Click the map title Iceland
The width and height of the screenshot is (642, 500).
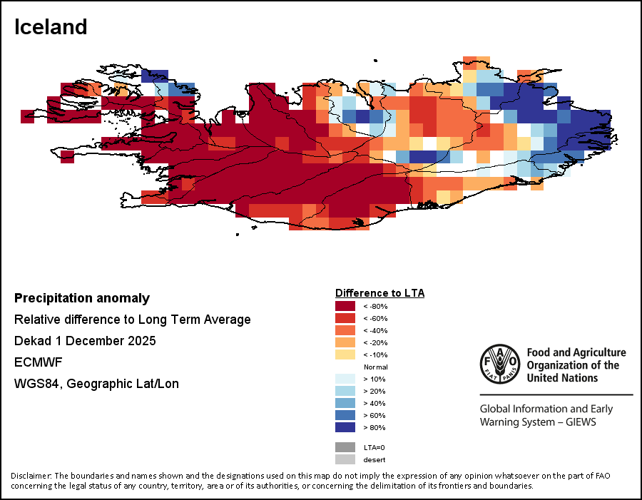click(x=51, y=27)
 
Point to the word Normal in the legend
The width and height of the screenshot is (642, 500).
click(x=375, y=367)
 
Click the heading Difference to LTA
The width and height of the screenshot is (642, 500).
click(x=379, y=293)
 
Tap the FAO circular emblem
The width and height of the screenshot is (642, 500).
click(x=500, y=364)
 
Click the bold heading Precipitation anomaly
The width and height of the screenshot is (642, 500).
click(x=82, y=298)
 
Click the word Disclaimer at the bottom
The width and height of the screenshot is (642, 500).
click(x=31, y=476)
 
